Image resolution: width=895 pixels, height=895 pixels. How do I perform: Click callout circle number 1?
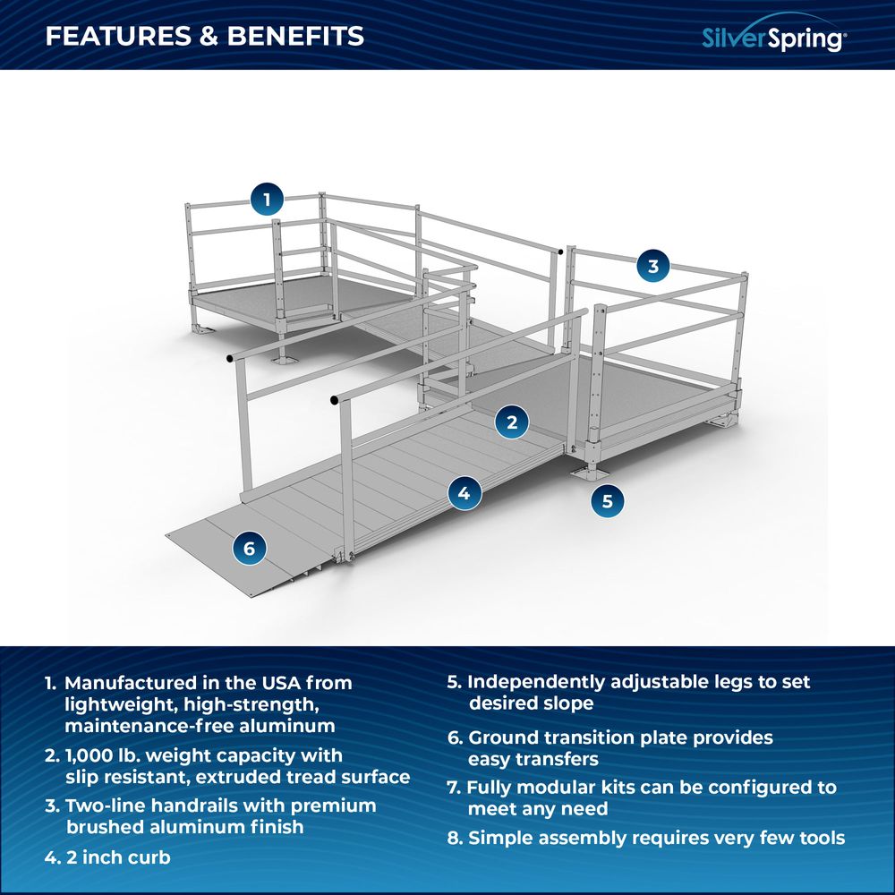[267, 198]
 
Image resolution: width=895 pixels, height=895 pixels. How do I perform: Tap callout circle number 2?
[511, 422]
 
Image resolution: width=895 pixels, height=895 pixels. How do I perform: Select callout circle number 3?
[652, 265]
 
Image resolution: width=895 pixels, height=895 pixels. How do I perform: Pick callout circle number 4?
[464, 491]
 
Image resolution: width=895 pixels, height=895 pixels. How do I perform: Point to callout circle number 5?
[607, 501]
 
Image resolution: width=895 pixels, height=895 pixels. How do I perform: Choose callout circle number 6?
[249, 547]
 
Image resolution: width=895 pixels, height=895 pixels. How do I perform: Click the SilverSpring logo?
[771, 38]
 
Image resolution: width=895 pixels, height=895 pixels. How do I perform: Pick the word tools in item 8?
[818, 839]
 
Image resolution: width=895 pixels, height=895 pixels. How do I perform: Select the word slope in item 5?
[564, 703]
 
